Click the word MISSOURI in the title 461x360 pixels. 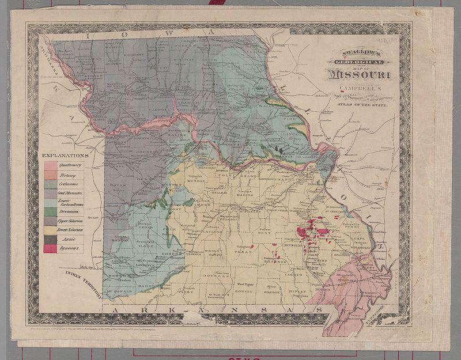[x=359, y=74]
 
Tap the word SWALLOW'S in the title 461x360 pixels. [x=358, y=51]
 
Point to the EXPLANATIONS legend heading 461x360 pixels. [x=65, y=156]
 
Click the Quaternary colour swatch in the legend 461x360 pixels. [x=50, y=165]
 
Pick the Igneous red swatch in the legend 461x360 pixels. [x=50, y=248]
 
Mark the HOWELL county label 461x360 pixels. [x=244, y=291]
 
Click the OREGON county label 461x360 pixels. [x=273, y=292]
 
